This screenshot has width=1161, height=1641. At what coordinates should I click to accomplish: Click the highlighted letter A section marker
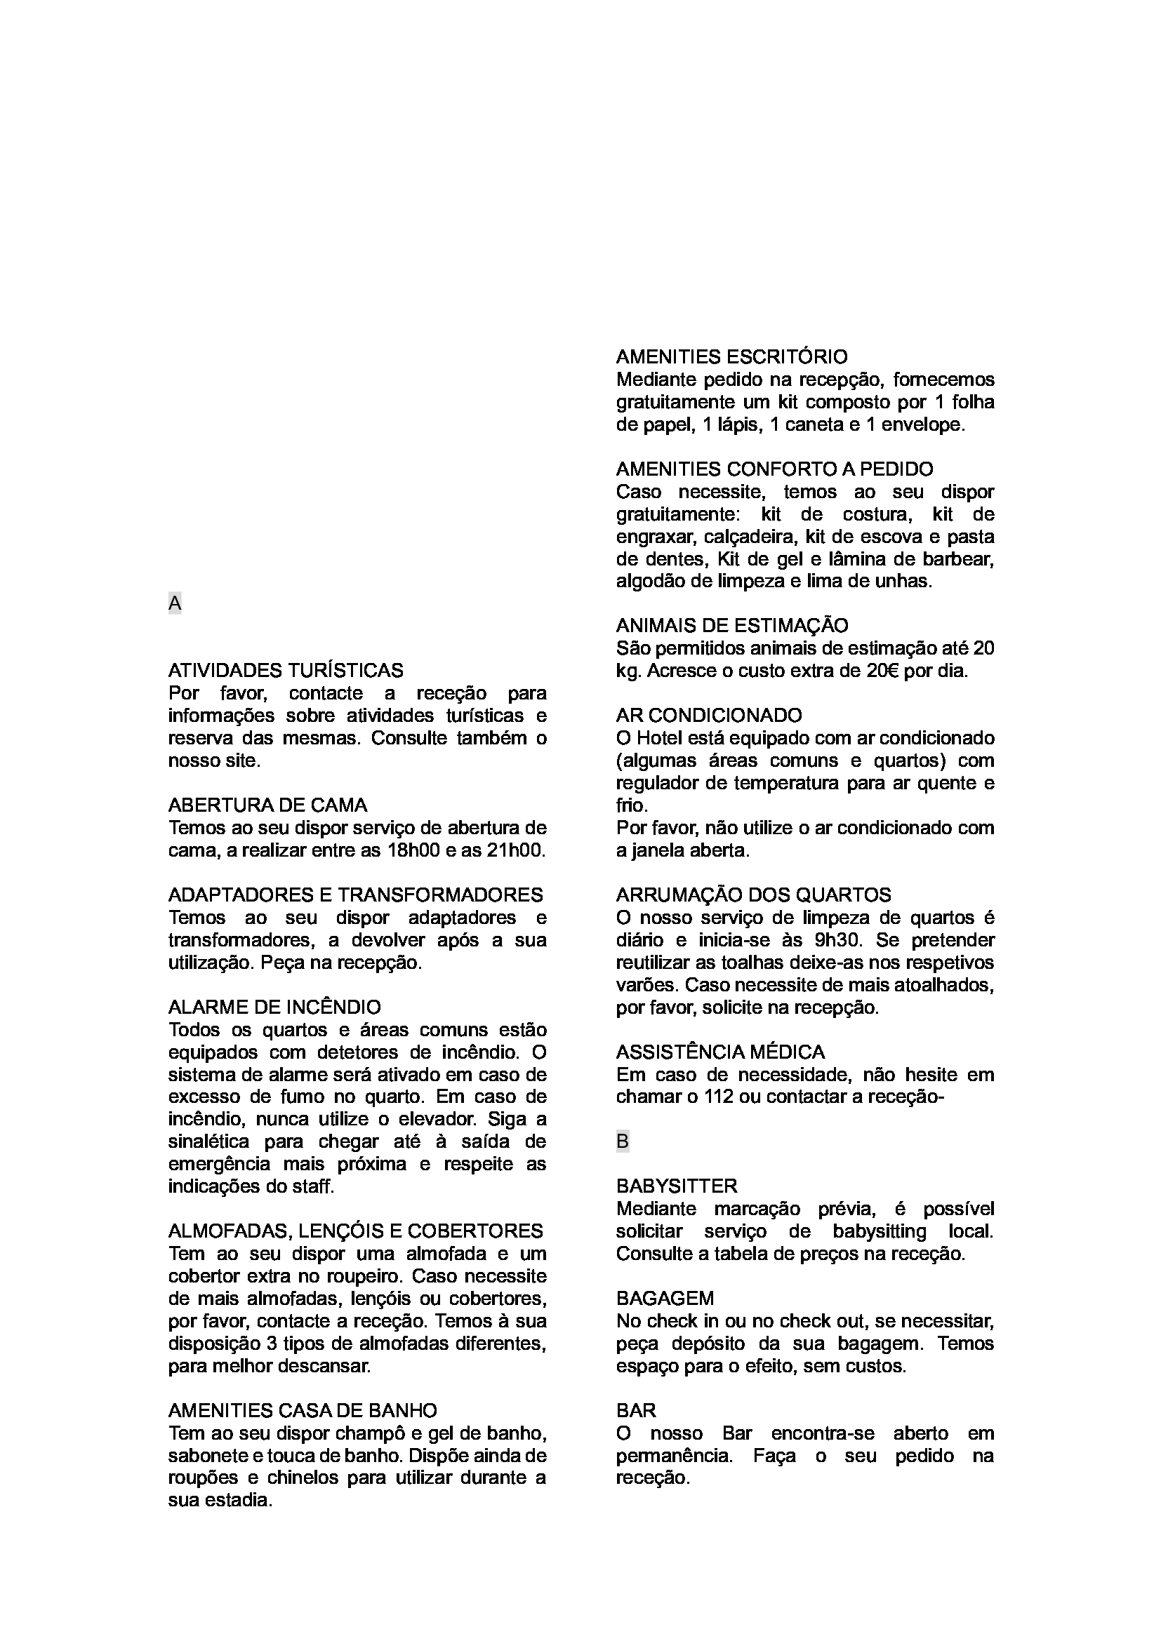pos(175,604)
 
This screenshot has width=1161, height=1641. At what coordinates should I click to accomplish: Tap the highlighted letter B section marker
pos(623,1141)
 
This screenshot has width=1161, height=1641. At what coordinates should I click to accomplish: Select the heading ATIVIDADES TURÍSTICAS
pos(285,671)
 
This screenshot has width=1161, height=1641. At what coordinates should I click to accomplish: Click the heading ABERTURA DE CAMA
pos(267,805)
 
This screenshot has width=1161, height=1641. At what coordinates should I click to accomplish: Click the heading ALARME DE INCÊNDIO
pos(274,1007)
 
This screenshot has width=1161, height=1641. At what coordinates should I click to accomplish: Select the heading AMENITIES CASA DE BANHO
pos(303,1410)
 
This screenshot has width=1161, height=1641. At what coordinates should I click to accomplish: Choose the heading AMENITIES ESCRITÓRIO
pos(732,356)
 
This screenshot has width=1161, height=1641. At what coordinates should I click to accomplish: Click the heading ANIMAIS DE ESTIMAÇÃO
pos(732,625)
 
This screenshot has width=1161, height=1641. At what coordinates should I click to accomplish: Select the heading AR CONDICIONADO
pos(709,715)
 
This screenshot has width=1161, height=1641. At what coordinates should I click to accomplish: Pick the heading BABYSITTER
pos(677,1186)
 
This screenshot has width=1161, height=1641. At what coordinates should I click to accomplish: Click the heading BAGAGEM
pos(665,1298)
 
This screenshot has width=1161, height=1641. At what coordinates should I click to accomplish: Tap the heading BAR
pos(635,1410)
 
